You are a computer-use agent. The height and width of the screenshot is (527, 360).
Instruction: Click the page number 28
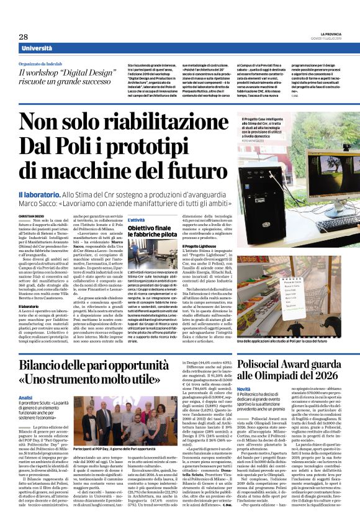(x=23, y=37)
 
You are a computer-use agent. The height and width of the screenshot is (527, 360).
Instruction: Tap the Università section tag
(x=37, y=48)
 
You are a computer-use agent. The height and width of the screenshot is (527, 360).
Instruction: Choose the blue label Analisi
(x=25, y=397)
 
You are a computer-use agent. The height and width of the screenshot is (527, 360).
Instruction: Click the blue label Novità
(x=244, y=389)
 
